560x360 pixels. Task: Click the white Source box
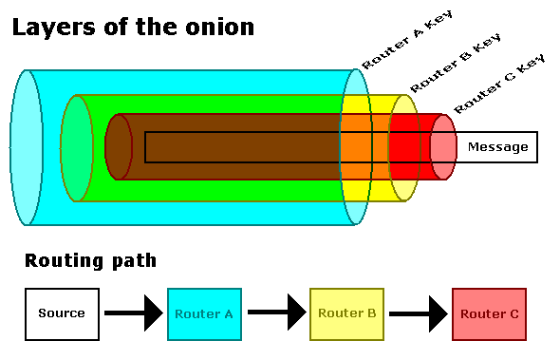click(x=62, y=313)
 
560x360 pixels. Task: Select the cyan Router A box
click(x=204, y=313)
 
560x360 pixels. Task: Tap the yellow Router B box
click(x=346, y=313)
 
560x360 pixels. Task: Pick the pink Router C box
click(x=489, y=313)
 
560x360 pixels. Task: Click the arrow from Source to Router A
click(x=133, y=313)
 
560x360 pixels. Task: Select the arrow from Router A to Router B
click(x=275, y=313)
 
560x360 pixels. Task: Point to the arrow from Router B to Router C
click(x=418, y=313)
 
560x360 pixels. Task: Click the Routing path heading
click(x=91, y=260)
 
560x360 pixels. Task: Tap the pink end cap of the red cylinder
click(x=443, y=147)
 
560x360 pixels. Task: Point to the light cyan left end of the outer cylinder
click(x=27, y=147)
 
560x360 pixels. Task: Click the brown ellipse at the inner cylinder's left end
click(x=118, y=147)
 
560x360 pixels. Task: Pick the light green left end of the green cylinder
click(x=76, y=147)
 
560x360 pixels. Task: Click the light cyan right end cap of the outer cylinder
click(x=356, y=147)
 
